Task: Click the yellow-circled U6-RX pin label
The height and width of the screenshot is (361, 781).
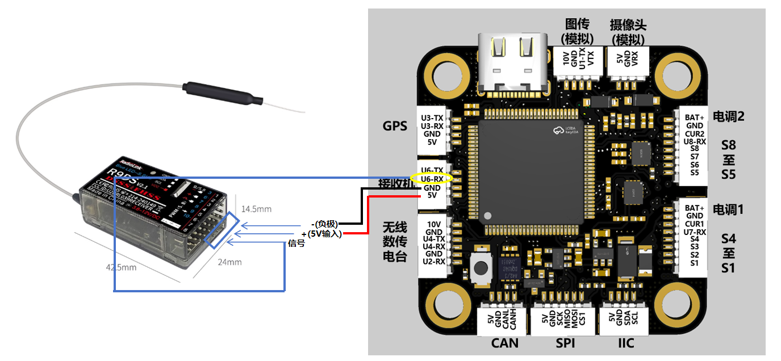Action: coord(432,179)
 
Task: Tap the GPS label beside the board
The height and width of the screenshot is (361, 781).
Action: coord(395,126)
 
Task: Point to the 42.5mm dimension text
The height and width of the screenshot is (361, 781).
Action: coord(120,267)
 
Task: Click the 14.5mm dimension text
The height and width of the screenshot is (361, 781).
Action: coord(257,209)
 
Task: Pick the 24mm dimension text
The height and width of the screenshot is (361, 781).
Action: coord(230,262)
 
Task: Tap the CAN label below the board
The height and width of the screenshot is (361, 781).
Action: coord(505,343)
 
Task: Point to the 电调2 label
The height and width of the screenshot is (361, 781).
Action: coord(728,116)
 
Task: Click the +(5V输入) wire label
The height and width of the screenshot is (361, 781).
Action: coord(321,234)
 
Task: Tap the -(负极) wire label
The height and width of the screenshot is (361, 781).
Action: coord(324,224)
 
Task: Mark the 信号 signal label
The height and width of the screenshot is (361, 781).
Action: coord(296,244)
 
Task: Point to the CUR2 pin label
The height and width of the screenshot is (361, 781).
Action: coord(695,134)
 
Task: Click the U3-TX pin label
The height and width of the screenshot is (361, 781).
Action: coord(432,117)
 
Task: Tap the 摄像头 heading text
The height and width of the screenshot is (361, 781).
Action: coord(628,25)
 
